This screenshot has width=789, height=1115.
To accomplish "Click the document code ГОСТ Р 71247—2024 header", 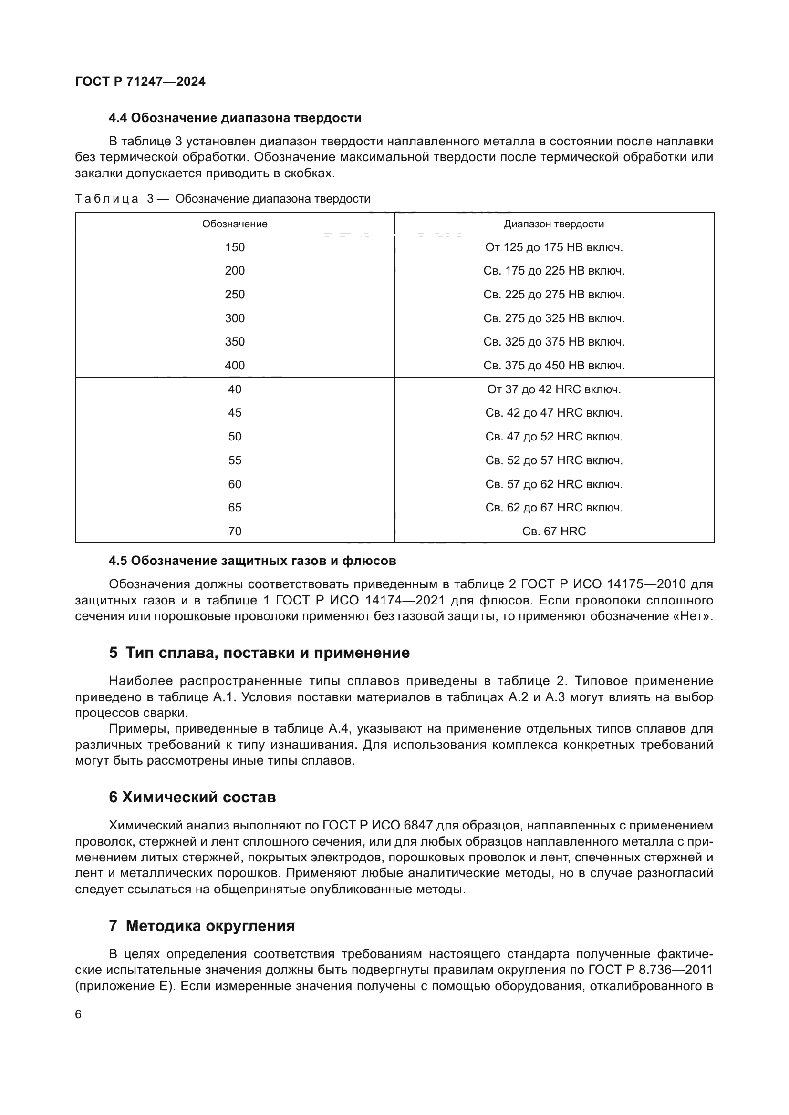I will point(140,82).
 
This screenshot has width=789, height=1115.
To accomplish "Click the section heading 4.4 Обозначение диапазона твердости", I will point(235,118).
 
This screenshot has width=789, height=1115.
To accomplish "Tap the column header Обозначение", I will point(235,224).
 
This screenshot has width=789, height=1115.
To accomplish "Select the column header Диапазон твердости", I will point(554,224).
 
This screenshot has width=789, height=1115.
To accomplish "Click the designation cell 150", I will point(235,247).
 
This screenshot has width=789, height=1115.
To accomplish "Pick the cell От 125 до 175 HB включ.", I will point(554,247).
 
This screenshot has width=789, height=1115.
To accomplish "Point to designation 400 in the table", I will point(235,365).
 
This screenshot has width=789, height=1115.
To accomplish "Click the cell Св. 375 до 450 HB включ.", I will point(554,365).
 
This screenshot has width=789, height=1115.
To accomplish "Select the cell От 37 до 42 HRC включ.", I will point(554,389).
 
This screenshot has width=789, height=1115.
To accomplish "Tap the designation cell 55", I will point(235,460).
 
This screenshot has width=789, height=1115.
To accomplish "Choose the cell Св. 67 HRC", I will point(554,531).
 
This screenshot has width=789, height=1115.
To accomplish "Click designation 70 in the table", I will point(235,531).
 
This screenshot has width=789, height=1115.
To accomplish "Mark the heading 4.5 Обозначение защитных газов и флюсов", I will point(253,561).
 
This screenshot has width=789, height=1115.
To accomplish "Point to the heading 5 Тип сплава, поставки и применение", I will point(260,653).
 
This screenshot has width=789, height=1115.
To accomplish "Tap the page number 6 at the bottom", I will point(78,1014).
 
